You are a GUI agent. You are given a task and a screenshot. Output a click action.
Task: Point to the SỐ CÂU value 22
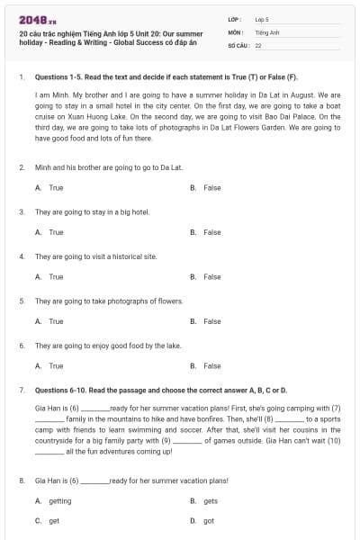tap(258, 44)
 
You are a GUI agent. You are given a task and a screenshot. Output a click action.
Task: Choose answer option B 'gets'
tap(210, 500)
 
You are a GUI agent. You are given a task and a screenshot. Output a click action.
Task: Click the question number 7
tap(21, 391)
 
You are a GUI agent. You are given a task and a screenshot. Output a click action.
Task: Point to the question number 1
tap(21, 77)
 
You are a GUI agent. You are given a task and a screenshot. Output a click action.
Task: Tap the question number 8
tap(21, 481)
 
